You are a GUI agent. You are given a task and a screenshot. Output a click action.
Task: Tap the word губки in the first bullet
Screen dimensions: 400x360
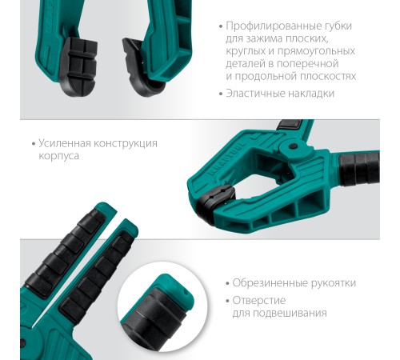point(338,26)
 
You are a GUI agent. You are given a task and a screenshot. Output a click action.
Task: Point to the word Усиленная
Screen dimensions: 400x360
point(65,143)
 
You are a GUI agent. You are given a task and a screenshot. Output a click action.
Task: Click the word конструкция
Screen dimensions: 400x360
point(126,144)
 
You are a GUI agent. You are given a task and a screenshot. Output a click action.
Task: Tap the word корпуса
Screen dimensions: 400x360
point(58,156)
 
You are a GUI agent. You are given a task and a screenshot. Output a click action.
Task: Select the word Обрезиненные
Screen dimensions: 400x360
point(270,283)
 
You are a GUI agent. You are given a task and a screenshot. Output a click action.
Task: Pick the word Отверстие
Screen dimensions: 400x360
point(259,301)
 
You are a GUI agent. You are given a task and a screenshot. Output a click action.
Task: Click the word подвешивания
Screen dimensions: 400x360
point(290,313)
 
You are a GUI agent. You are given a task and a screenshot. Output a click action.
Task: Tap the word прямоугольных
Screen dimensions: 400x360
point(316,51)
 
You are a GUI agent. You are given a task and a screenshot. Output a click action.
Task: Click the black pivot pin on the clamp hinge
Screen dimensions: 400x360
point(293,146)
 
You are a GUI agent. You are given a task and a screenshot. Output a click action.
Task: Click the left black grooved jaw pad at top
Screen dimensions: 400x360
point(78,66)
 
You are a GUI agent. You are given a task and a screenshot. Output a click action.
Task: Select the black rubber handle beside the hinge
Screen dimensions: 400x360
point(359,169)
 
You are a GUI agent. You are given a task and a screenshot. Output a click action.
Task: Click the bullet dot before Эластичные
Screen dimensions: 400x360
point(221,94)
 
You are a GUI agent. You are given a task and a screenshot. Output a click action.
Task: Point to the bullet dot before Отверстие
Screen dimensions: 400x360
point(227,301)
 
